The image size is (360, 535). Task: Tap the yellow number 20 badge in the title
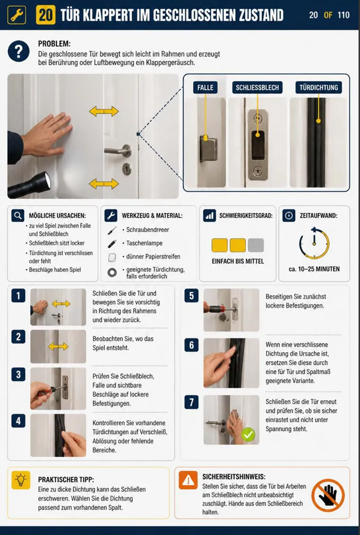pyautogui.click(x=46, y=15)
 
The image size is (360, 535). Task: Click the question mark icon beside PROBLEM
pyautogui.click(x=19, y=51)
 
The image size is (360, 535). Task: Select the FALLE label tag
pyautogui.click(x=205, y=87)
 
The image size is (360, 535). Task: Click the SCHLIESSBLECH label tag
pyautogui.click(x=257, y=87)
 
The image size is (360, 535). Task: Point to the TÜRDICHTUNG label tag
pyautogui.click(x=319, y=87)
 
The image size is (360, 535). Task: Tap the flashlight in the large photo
pyautogui.click(x=29, y=185)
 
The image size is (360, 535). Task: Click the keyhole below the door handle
pyautogui.click(x=127, y=169)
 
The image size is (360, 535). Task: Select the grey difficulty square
pyautogui.click(x=256, y=245)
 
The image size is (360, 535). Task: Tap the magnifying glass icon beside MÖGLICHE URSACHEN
pyautogui.click(x=18, y=216)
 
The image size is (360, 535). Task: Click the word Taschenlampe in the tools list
pyautogui.click(x=145, y=243)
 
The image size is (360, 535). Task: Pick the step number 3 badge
pyautogui.click(x=19, y=375)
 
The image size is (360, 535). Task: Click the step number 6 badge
pyautogui.click(x=191, y=345)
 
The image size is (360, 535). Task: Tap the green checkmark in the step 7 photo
pyautogui.click(x=248, y=435)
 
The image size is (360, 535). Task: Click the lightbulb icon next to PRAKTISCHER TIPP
pyautogui.click(x=21, y=479)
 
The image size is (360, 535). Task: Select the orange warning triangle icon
pyautogui.click(x=188, y=480)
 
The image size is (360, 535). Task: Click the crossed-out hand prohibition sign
pyautogui.click(x=328, y=495)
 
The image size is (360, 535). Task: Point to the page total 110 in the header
pyautogui.click(x=344, y=15)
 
